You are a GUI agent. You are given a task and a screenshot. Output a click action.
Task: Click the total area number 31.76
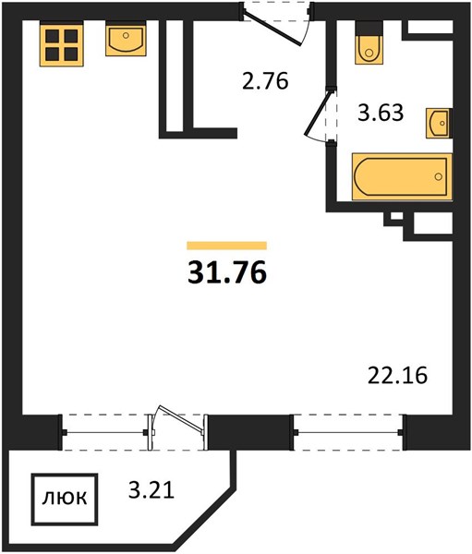click(227, 273)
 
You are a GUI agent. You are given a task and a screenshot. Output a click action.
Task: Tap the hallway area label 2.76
click(265, 81)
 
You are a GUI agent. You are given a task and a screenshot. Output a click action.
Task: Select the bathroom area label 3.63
click(381, 113)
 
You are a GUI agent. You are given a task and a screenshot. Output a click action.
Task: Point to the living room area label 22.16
click(397, 375)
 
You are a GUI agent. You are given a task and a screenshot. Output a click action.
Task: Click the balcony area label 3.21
click(151, 490)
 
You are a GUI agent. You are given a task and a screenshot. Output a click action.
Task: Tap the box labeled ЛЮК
click(65, 500)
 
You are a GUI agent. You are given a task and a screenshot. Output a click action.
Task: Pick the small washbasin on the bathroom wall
click(439, 123)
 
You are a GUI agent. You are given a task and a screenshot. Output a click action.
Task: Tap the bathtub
click(402, 176)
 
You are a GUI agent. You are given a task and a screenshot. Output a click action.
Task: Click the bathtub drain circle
click(439, 176)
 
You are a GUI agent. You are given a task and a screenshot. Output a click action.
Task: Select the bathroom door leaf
click(318, 113)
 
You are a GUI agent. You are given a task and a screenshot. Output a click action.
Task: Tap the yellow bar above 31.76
click(226, 246)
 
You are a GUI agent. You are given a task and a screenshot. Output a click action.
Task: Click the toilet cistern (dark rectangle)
click(369, 28)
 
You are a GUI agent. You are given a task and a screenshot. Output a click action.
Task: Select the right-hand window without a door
click(348, 432)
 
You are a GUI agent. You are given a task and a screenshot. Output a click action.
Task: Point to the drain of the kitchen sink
click(126, 35)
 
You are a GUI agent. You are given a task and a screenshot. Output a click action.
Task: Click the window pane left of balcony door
click(104, 432)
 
